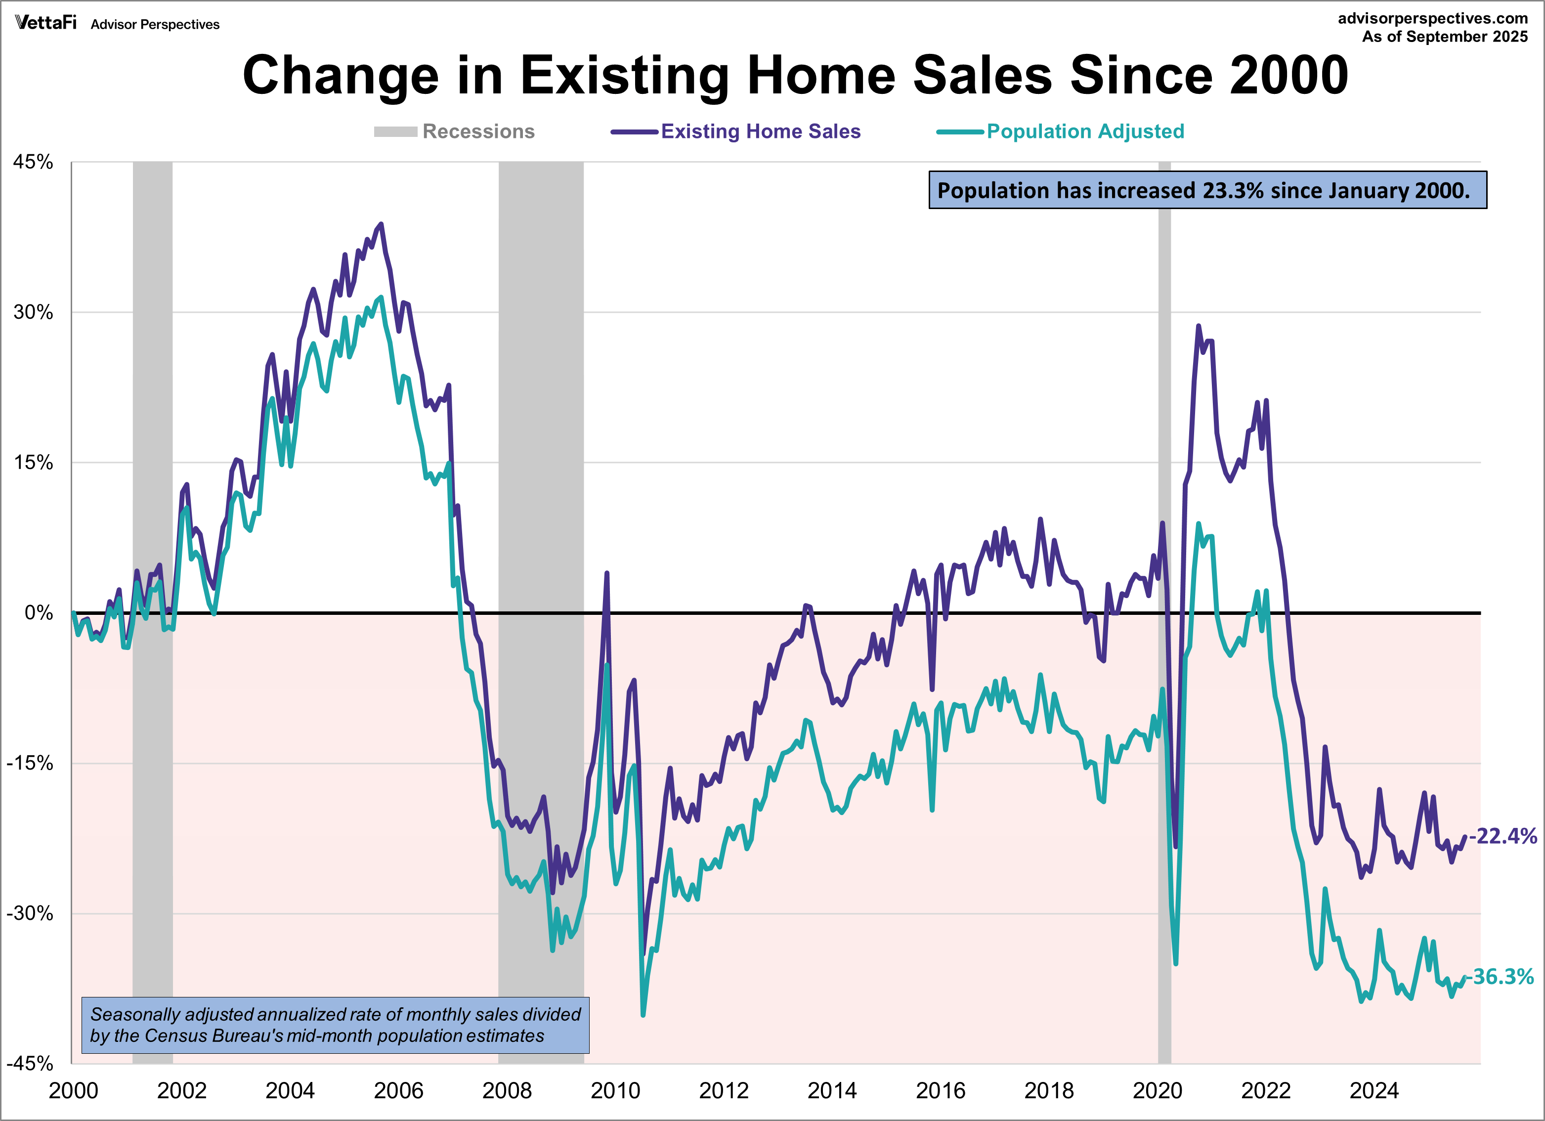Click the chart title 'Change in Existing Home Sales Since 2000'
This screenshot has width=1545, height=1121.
click(795, 75)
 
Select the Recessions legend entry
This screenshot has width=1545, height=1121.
click(454, 131)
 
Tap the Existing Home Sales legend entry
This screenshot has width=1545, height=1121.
click(736, 131)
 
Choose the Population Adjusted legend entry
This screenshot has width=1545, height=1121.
click(1061, 131)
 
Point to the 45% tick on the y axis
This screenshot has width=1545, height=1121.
click(33, 162)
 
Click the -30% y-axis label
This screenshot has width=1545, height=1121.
click(30, 913)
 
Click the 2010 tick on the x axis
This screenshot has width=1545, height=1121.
click(615, 1090)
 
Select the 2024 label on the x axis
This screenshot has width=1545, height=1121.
click(1374, 1090)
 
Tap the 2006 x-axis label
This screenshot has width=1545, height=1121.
click(398, 1090)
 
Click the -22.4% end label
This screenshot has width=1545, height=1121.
click(1503, 836)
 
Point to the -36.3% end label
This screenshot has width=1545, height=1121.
click(1500, 977)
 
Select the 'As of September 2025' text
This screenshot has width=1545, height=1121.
click(1444, 37)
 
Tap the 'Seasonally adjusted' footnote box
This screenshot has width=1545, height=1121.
click(335, 1025)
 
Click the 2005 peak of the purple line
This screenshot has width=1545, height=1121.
click(381, 224)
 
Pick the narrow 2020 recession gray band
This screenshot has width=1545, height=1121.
click(1164, 477)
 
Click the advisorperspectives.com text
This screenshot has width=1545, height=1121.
click(1433, 18)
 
